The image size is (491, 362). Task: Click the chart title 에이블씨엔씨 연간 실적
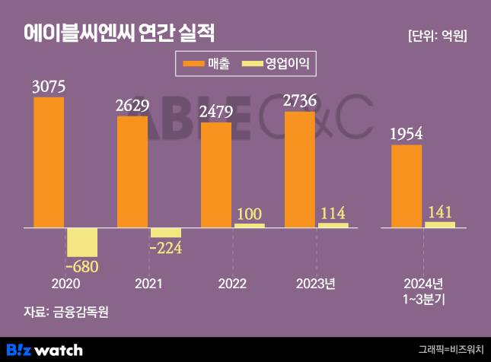click(119, 34)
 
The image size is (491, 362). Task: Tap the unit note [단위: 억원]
click(437, 36)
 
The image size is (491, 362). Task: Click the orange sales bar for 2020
click(49, 162)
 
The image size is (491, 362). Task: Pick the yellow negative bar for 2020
click(82, 242)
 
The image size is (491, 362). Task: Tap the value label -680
click(82, 267)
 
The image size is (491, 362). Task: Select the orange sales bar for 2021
click(132, 171)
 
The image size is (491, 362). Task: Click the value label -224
click(166, 248)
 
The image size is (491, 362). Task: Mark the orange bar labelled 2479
click(216, 174)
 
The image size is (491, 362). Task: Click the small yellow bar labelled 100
click(250, 225)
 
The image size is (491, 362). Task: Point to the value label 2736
click(300, 100)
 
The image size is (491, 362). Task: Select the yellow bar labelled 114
click(333, 225)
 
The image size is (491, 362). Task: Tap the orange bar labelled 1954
click(407, 186)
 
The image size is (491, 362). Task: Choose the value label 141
click(439, 211)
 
